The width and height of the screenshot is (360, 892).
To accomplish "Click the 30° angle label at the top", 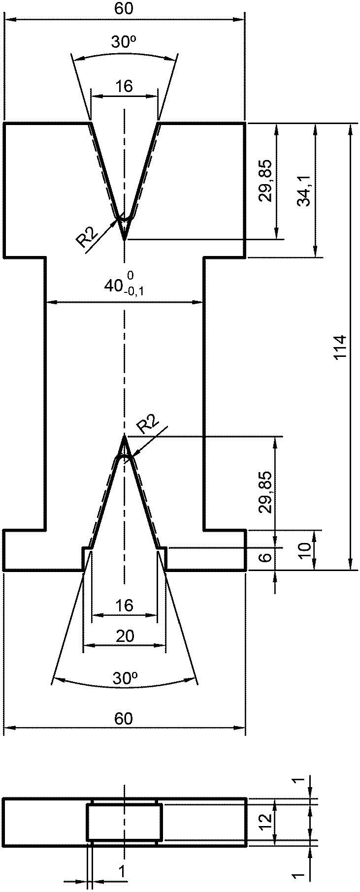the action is [x=124, y=43].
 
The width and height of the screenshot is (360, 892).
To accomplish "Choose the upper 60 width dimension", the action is [x=124, y=9].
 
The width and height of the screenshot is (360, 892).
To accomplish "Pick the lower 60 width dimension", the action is [x=124, y=719].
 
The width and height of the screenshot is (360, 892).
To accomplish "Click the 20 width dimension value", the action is [x=125, y=637].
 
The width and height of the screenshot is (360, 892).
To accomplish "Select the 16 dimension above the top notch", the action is [x=125, y=87].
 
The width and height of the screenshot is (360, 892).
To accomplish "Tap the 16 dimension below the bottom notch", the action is [x=125, y=605].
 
